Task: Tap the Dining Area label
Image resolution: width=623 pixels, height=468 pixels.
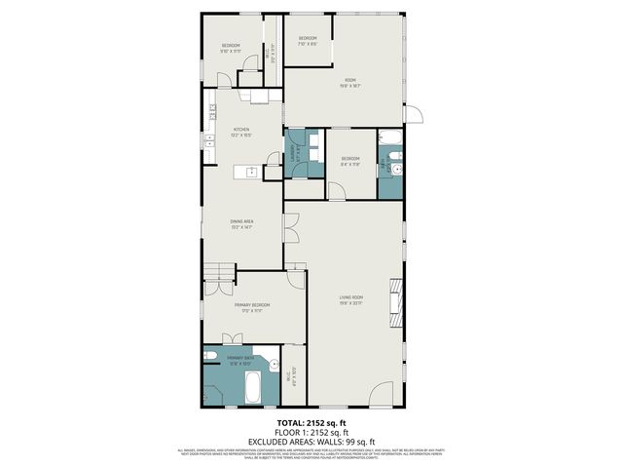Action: click(241, 223)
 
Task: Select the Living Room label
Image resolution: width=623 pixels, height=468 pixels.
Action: click(351, 298)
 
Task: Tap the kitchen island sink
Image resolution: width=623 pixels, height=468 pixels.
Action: click(251, 172)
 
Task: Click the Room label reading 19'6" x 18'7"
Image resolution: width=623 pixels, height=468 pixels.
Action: click(350, 84)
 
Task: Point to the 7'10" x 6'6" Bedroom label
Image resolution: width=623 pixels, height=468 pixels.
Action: click(308, 41)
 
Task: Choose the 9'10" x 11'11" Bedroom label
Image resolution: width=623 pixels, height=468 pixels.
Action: click(231, 49)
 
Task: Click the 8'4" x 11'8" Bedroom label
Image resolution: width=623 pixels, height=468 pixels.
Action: click(350, 161)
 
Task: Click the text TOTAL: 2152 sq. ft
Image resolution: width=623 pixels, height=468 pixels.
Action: click(311, 422)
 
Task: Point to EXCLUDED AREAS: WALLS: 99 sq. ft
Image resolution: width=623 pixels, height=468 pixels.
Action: click(311, 441)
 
